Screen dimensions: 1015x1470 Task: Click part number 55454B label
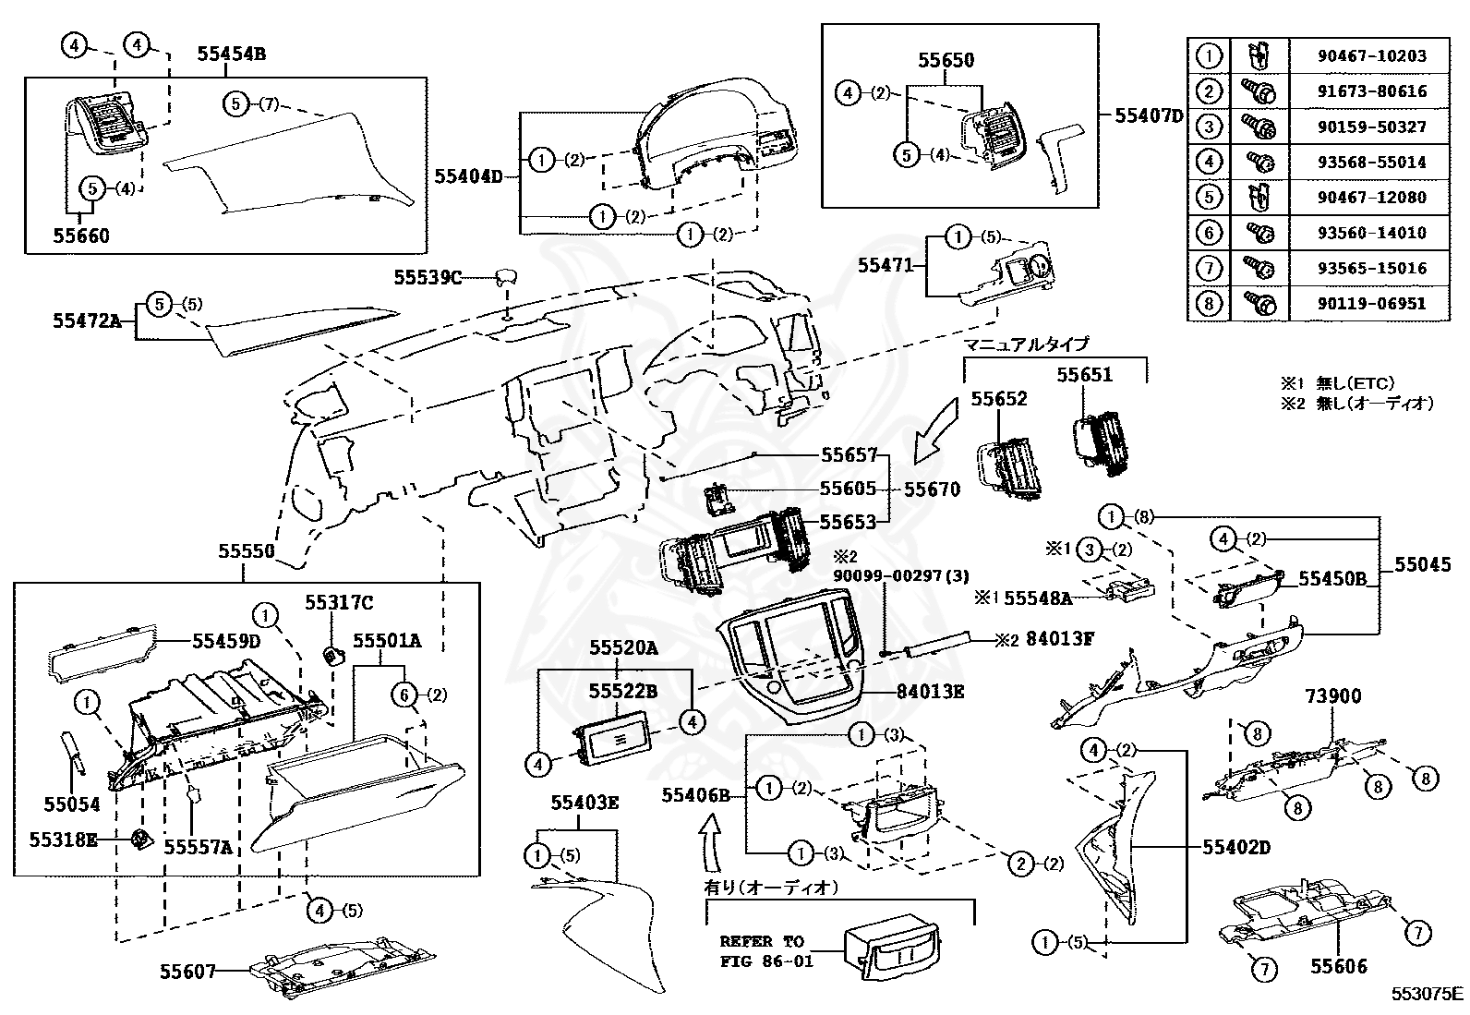(x=231, y=54)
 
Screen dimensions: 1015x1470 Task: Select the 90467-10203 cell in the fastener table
(x=1371, y=55)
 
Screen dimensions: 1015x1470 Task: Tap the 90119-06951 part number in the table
(x=1371, y=303)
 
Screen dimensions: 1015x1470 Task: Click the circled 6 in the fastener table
(x=1209, y=232)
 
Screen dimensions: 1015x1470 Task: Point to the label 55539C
(x=428, y=276)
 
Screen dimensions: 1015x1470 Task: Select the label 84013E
(x=931, y=691)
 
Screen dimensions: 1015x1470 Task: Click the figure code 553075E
(x=1428, y=994)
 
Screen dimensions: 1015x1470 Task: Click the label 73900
(x=1333, y=696)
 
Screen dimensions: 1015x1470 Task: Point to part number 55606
(x=1338, y=966)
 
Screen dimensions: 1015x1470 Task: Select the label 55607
(x=187, y=971)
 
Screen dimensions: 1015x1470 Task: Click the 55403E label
(x=584, y=803)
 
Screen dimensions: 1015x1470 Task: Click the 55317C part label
(x=339, y=602)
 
